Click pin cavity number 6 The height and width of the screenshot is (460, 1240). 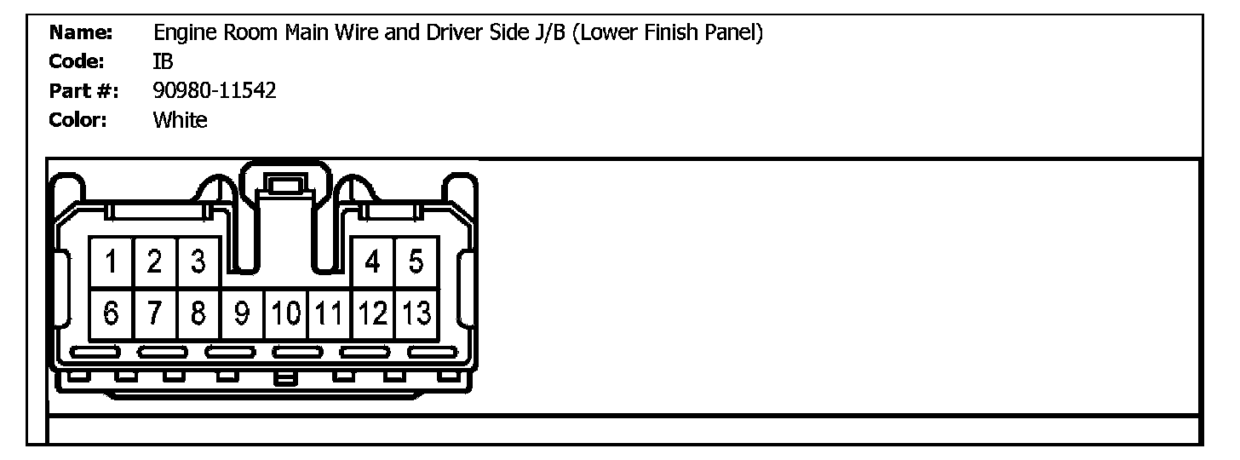coord(112,314)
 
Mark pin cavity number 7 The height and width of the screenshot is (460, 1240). coord(155,314)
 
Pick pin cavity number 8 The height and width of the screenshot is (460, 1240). coord(198,314)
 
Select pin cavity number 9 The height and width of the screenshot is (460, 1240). coord(242,314)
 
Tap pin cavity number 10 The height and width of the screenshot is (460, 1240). coord(285,314)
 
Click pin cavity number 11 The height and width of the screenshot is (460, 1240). coord(330,314)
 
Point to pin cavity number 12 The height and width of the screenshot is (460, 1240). coord(373,314)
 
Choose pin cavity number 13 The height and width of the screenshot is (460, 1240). coord(416,314)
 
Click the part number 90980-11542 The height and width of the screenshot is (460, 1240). coord(215,90)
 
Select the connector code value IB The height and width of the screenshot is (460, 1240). coord(163,61)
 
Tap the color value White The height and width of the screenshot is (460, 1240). coord(180,119)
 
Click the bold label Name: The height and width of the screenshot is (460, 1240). coord(82,33)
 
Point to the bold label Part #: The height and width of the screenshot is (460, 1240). coord(84,90)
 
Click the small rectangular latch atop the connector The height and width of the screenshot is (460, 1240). coord(284,184)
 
